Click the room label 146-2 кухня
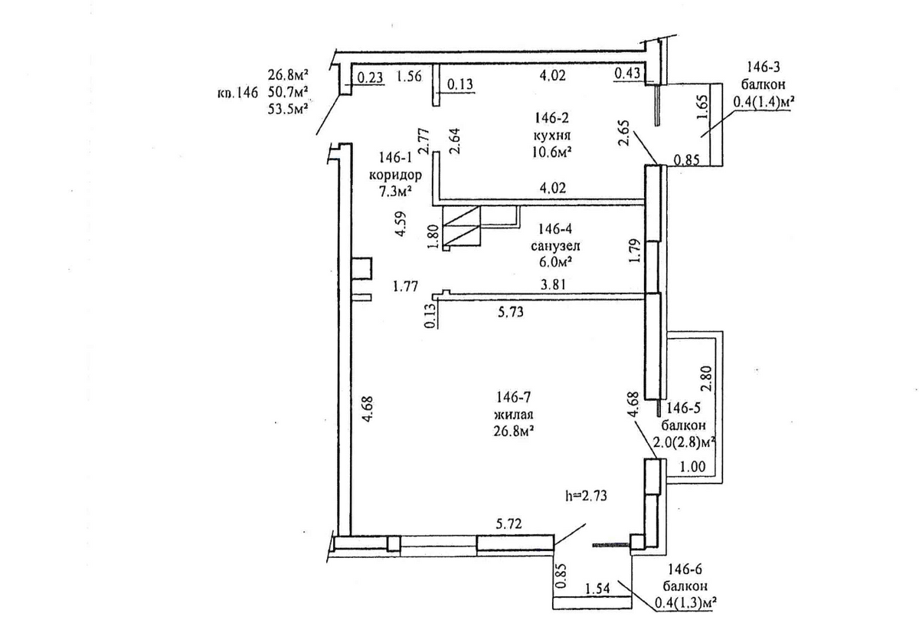552,127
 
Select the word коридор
395,176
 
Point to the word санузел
555,246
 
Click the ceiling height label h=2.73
586,496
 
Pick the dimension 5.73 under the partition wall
510,312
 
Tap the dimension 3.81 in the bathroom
554,284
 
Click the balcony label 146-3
763,67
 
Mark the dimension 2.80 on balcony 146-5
706,379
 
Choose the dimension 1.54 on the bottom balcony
597,589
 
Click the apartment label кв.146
237,93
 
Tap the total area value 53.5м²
288,109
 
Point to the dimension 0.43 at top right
627,73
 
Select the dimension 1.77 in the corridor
405,286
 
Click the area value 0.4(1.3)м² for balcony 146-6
685,603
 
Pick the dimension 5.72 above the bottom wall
509,523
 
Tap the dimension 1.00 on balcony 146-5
693,467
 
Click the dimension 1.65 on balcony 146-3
702,107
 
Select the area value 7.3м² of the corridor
395,192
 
